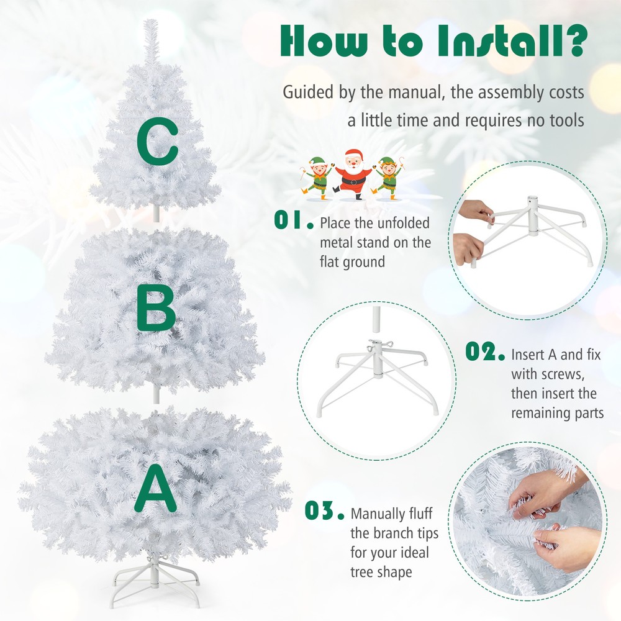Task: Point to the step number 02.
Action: pos(485,353)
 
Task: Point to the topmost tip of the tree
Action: pos(151,24)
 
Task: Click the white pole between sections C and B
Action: pos(156,212)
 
